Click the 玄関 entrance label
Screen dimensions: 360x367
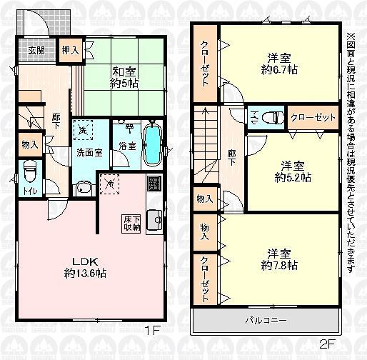36,50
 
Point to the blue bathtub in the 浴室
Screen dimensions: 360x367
153,146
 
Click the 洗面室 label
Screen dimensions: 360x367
88,152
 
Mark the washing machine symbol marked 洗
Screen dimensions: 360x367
84,131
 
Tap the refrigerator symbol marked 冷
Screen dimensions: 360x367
109,183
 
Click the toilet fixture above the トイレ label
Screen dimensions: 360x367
29,172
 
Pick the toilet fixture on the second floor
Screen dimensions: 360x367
271,117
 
